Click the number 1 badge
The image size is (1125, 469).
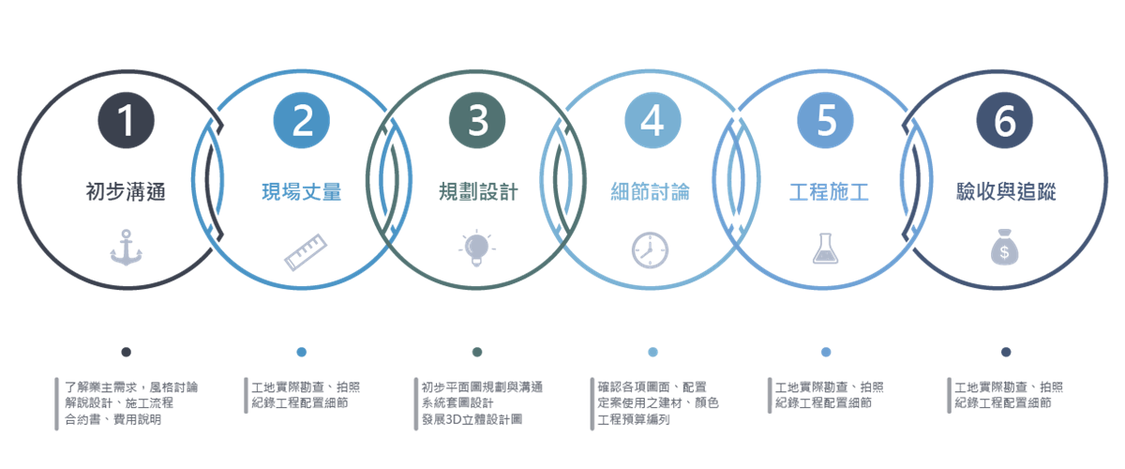[126, 120]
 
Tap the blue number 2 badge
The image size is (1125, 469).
[301, 120]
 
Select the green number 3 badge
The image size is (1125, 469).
[477, 120]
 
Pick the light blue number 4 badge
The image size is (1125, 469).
[652, 120]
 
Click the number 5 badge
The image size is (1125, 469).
[826, 120]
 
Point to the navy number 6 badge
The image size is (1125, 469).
[1004, 120]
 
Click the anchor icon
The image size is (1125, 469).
[126, 248]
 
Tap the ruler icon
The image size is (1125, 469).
[306, 251]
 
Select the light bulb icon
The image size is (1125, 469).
[476, 249]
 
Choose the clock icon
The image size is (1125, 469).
[650, 250]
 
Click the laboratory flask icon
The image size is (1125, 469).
[826, 249]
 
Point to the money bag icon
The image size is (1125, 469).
[1004, 247]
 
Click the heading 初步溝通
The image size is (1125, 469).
[126, 192]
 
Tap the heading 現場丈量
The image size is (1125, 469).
[301, 192]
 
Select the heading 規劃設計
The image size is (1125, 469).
[478, 192]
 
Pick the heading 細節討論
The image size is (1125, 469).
[651, 192]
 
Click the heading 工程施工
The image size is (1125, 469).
[829, 192]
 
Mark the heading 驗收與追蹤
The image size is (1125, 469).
[1006, 192]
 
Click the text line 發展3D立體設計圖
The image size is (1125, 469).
[472, 419]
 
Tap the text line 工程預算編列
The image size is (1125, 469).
[634, 419]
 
